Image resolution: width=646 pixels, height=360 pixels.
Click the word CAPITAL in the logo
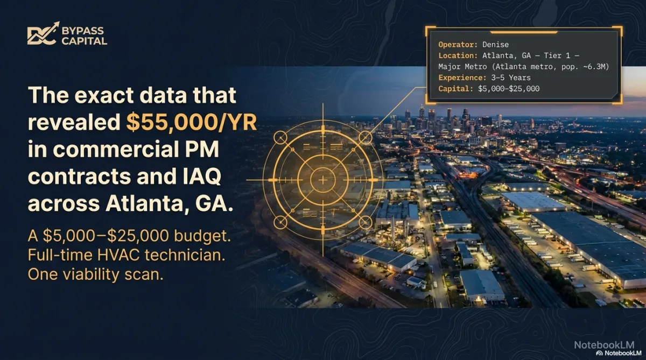click(84, 41)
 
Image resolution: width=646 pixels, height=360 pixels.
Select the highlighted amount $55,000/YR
click(192, 122)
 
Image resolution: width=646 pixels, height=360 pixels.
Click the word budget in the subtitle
click(202, 236)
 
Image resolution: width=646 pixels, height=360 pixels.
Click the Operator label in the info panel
click(458, 45)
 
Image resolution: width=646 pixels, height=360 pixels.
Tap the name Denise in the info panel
click(495, 45)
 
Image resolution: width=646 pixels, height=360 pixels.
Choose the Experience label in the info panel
click(462, 78)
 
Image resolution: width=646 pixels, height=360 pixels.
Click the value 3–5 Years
click(511, 78)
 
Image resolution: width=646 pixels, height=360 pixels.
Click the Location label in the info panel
click(458, 55)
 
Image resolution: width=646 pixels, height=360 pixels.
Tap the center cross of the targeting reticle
click(323, 180)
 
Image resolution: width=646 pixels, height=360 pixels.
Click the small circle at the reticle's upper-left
click(280, 138)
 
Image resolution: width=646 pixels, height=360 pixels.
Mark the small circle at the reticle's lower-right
click(366, 223)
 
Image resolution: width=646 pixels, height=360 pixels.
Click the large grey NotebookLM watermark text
click(604, 345)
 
